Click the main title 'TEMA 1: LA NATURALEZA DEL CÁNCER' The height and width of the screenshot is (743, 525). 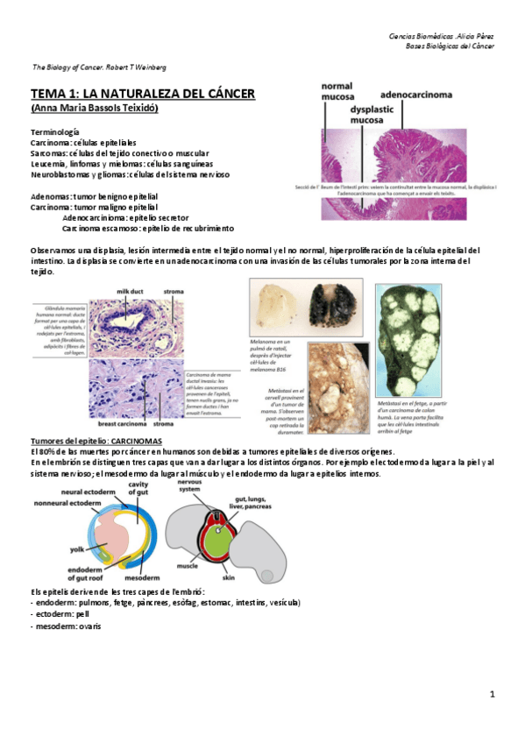click(x=142, y=93)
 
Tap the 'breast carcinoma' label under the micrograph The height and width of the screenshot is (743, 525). click(x=121, y=423)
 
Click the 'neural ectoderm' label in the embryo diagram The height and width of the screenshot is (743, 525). click(x=85, y=492)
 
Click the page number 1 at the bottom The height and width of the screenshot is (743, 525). click(x=493, y=695)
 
